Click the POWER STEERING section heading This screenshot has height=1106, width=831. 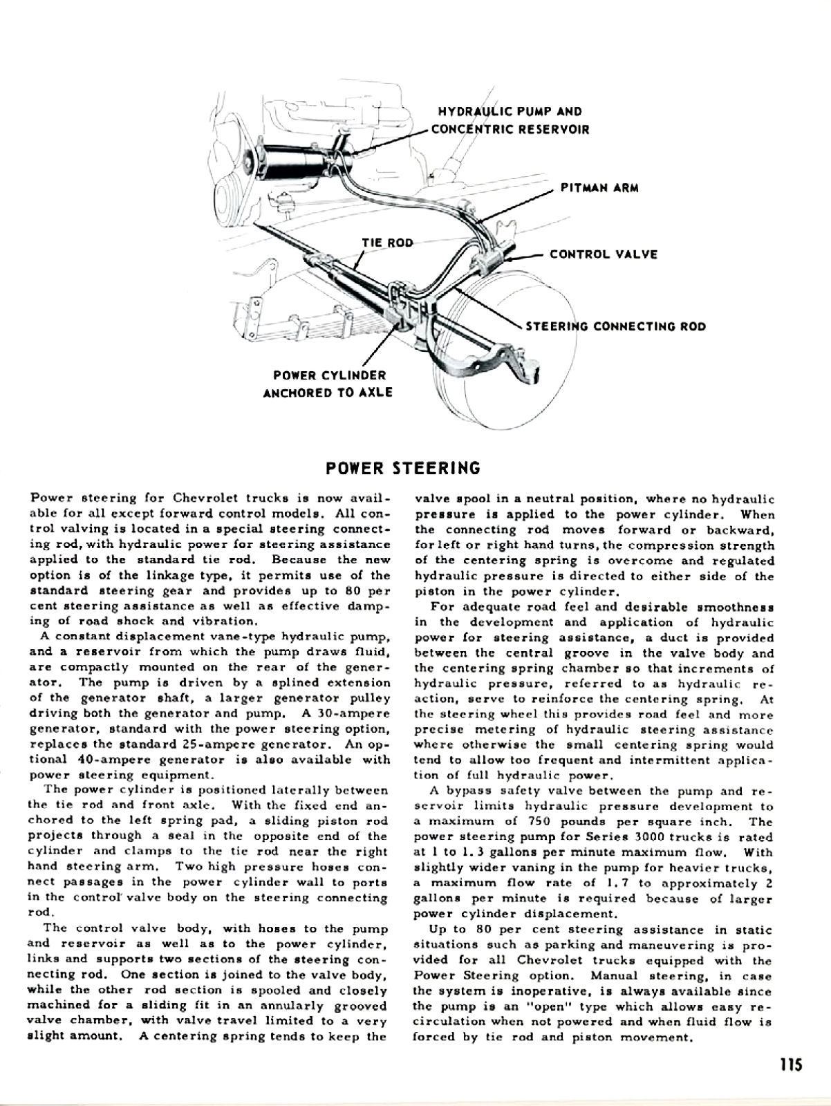403,468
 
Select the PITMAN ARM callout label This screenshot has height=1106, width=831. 599,188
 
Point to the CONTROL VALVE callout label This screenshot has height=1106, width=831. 603,254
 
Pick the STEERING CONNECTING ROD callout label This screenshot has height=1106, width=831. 616,326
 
